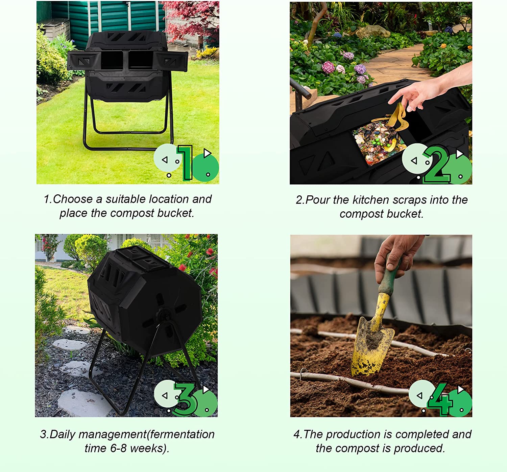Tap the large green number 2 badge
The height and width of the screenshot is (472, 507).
coord(437,165)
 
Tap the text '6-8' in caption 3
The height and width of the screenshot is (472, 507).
coord(118,448)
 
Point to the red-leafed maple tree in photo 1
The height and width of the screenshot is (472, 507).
coord(193,20)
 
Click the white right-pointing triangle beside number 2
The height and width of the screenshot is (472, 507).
coord(460,154)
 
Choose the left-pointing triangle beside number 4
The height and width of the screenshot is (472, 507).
coord(419,395)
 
